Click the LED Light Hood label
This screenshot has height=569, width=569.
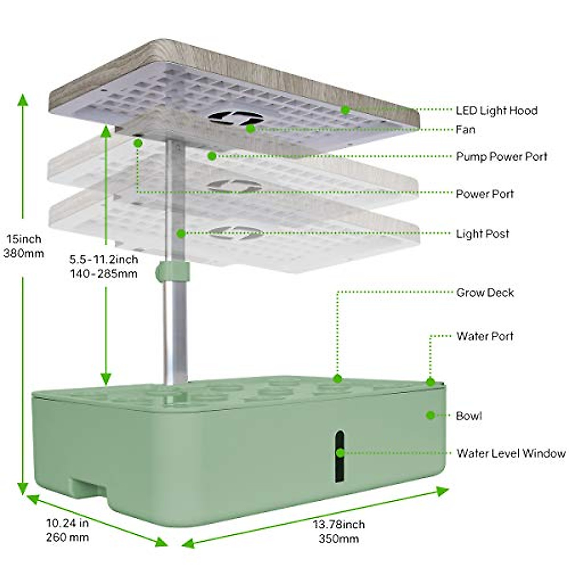click(496, 110)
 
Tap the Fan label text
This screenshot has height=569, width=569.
click(465, 129)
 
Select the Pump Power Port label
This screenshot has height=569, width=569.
click(501, 156)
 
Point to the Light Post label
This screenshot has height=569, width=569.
click(483, 234)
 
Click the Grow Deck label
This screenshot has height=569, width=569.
click(485, 293)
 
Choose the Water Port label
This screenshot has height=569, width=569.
click(485, 336)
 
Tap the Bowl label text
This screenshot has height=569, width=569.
click(468, 416)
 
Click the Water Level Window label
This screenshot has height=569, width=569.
click(511, 453)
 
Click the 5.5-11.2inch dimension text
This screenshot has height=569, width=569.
click(103, 259)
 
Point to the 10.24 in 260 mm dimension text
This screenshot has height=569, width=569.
click(67, 530)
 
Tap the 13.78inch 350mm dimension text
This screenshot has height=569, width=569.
click(339, 531)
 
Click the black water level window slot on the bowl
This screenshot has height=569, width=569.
click(340, 456)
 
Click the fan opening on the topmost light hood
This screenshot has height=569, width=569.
click(236, 119)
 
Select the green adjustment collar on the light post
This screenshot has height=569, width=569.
click(172, 271)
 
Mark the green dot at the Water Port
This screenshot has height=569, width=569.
click(430, 381)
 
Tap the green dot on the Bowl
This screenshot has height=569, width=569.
click(430, 415)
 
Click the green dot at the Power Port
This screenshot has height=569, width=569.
click(138, 142)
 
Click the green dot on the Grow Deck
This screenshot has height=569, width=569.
click(337, 378)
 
